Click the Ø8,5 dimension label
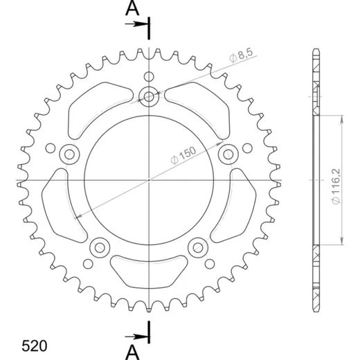click(241, 55)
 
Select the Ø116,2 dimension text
click(336, 186)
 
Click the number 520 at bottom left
click(35, 346)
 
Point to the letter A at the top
click(132, 8)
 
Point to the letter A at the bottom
click(132, 352)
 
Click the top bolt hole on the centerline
click(149, 96)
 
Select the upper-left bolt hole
click(69, 154)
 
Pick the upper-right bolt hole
click(228, 154)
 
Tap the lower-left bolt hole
click(100, 248)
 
